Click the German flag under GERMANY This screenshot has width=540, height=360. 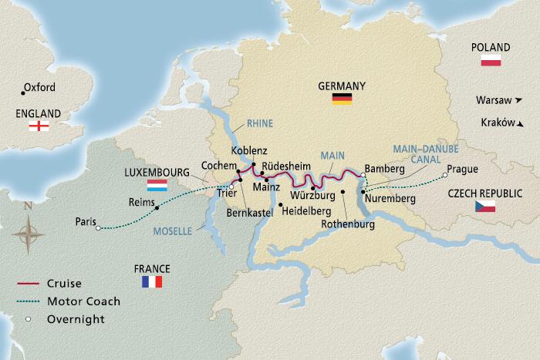(342, 99)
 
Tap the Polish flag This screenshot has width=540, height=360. (491, 61)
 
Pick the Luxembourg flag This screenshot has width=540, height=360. (158, 186)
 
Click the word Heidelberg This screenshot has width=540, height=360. (307, 210)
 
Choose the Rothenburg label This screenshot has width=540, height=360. (349, 224)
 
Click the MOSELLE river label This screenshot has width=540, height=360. (173, 230)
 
